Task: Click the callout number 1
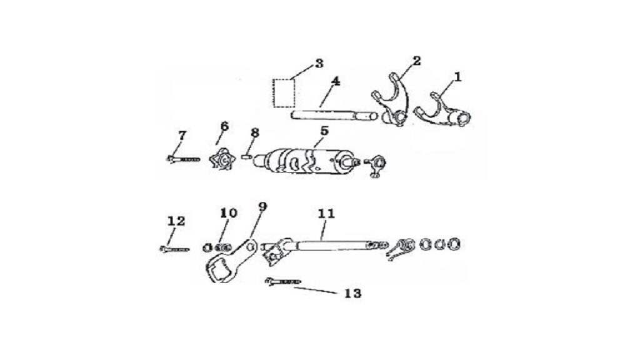point(458,76)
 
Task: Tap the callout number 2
point(417,61)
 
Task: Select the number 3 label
point(319,63)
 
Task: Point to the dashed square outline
point(284,93)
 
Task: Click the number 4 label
point(336,82)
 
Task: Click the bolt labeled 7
point(183,158)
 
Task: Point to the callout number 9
point(262,206)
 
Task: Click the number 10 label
point(229,212)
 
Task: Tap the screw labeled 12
point(174,249)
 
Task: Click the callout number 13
point(352,293)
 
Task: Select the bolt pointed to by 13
point(283,281)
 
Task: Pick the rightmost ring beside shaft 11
point(454,244)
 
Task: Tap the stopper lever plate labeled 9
point(229,261)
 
